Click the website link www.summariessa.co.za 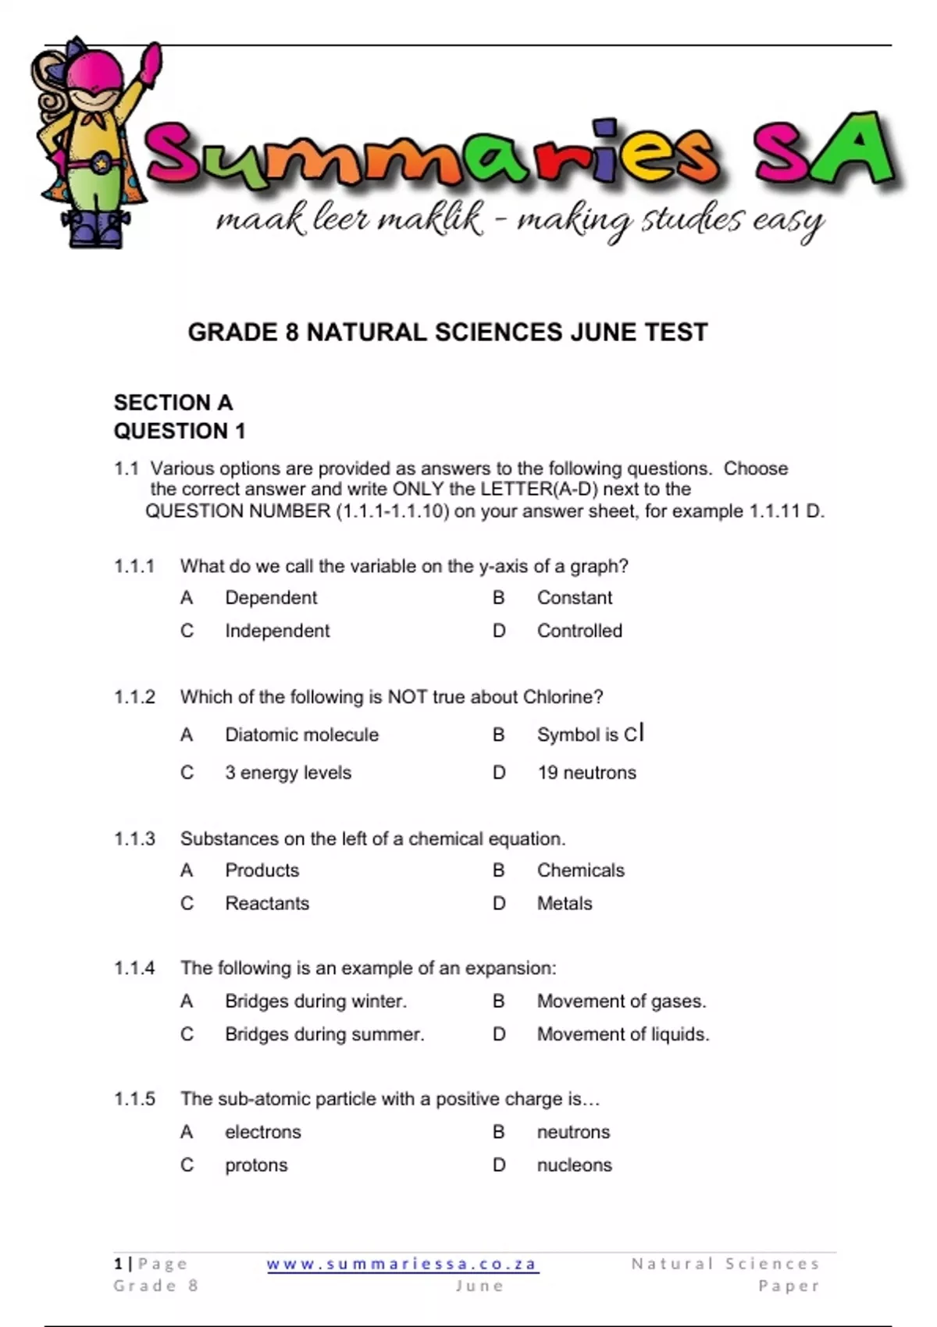402,1264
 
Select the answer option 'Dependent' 271,598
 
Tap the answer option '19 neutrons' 586,773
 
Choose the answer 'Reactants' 267,903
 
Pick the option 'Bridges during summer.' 325,1034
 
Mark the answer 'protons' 256,1165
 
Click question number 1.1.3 134,839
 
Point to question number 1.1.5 134,1099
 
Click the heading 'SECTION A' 173,403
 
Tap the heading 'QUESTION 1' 180,431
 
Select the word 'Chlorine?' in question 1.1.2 563,697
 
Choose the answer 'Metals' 565,903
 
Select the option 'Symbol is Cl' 590,735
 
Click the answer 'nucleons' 574,1165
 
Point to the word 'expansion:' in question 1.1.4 511,969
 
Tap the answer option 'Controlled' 579,631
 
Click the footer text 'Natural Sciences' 725,1264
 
